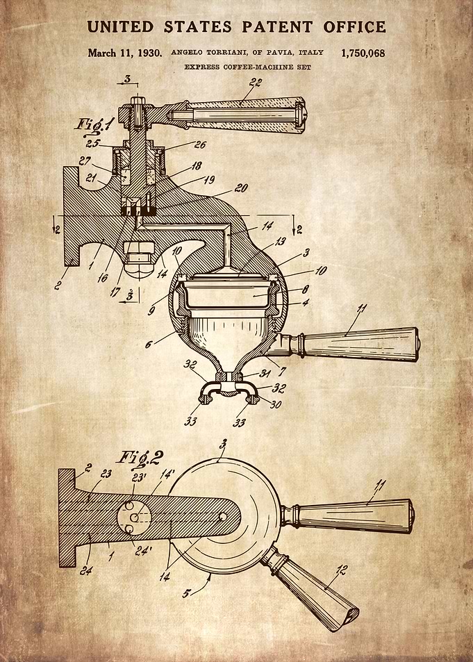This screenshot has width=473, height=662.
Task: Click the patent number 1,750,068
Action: pyautogui.click(x=363, y=53)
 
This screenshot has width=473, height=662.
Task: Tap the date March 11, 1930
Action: pyautogui.click(x=124, y=53)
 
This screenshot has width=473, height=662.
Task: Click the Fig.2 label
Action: pyautogui.click(x=140, y=458)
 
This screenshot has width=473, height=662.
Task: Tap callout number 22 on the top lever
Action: pyautogui.click(x=255, y=83)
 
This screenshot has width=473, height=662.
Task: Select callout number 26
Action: pyautogui.click(x=200, y=144)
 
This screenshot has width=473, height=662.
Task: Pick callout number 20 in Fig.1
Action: pyautogui.click(x=241, y=188)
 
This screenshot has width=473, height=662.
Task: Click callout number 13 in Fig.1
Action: pyautogui.click(x=281, y=241)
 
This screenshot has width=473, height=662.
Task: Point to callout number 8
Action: pyautogui.click(x=305, y=289)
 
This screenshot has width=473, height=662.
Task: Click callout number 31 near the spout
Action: pyautogui.click(x=265, y=373)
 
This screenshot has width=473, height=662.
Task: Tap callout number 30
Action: pyautogui.click(x=276, y=404)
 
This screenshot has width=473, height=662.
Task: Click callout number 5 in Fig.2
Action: pyautogui.click(x=186, y=593)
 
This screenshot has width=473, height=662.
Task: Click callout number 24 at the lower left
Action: pyautogui.click(x=85, y=571)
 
